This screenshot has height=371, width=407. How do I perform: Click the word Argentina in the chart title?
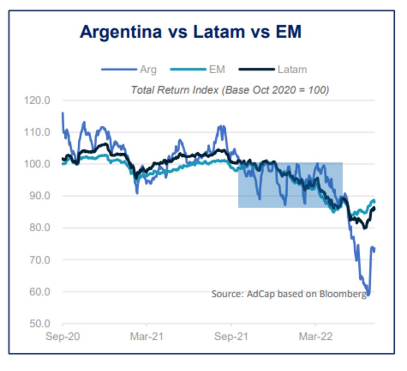[120, 32]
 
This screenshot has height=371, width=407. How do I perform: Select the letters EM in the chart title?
[287, 32]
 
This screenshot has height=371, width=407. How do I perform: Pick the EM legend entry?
[217, 70]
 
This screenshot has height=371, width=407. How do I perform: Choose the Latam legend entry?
[292, 70]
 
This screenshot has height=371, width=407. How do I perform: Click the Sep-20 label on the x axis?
[63, 337]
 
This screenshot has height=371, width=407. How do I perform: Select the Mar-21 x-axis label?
[147, 337]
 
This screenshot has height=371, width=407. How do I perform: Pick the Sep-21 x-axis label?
[231, 337]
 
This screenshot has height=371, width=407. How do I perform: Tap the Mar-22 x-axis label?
[315, 337]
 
